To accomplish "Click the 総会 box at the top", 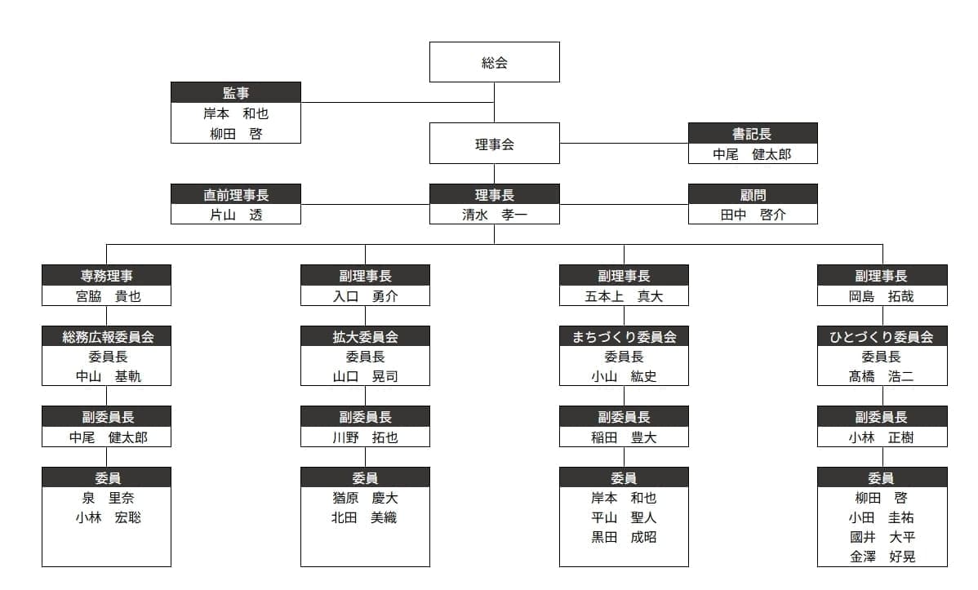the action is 494,62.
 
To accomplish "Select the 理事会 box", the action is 494,144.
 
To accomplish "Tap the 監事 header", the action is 236,92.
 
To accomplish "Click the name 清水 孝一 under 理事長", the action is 494,215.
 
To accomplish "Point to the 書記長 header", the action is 753,134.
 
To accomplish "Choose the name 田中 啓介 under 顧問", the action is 753,215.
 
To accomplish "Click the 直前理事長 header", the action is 236,194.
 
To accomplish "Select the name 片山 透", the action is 236,215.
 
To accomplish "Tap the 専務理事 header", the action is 107,275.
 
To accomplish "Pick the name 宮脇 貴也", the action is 108,296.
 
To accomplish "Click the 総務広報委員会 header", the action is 107,336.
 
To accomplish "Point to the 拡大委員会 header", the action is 365,336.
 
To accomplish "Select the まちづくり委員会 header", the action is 624,336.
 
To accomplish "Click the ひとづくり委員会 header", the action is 882,336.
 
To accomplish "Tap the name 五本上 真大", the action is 624,296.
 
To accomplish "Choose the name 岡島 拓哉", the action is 882,296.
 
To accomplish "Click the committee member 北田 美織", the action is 364,517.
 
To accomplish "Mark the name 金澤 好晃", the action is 882,557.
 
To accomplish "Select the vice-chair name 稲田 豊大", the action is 624,437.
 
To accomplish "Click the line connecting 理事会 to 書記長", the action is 624,144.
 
